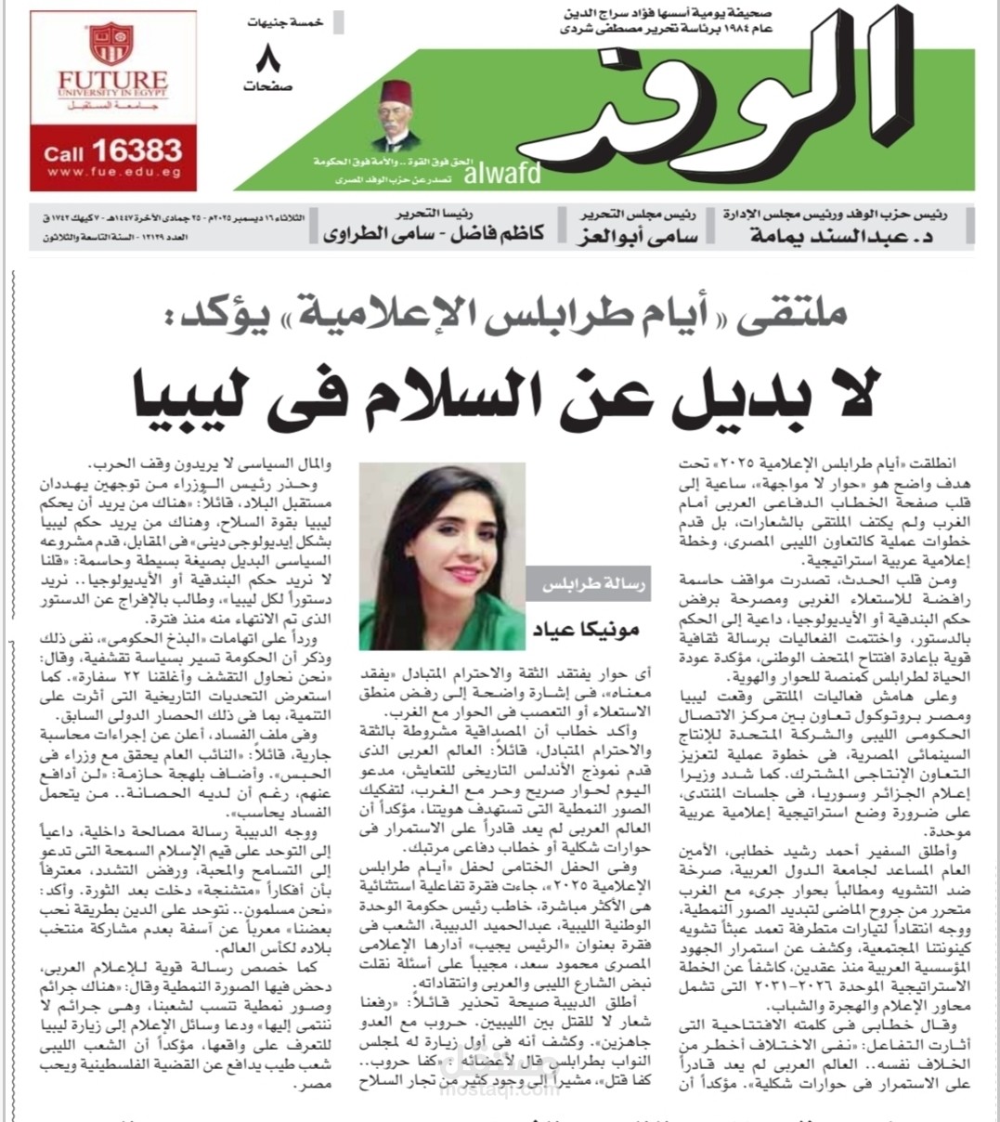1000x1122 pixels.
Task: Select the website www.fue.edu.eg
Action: click(112, 173)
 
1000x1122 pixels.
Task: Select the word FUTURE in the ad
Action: click(112, 81)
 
